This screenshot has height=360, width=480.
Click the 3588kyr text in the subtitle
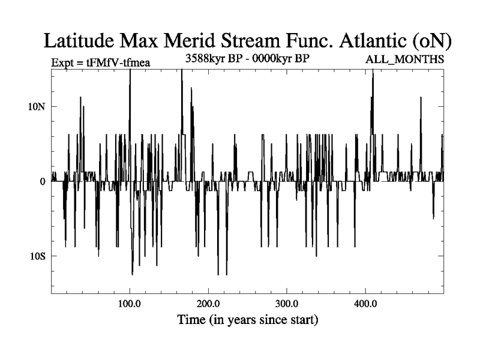208,59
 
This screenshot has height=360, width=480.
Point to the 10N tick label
37,106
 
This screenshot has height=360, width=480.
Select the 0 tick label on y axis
43,181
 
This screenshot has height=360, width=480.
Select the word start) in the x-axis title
303,320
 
